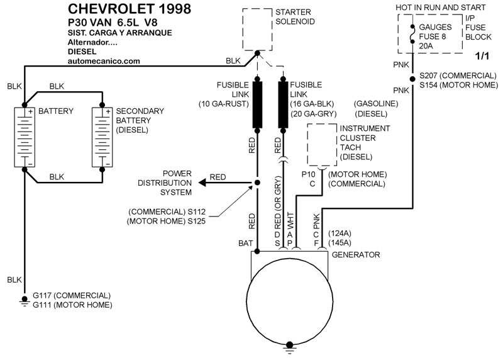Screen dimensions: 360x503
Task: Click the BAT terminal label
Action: [x=246, y=242]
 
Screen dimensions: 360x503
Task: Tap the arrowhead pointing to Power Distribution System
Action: [x=202, y=183]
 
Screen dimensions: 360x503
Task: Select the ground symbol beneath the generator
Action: [x=290, y=345]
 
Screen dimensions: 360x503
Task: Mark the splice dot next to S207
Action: [x=411, y=78]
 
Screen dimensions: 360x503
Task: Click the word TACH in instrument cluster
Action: [x=350, y=147]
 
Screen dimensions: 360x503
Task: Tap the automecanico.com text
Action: [x=103, y=61]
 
